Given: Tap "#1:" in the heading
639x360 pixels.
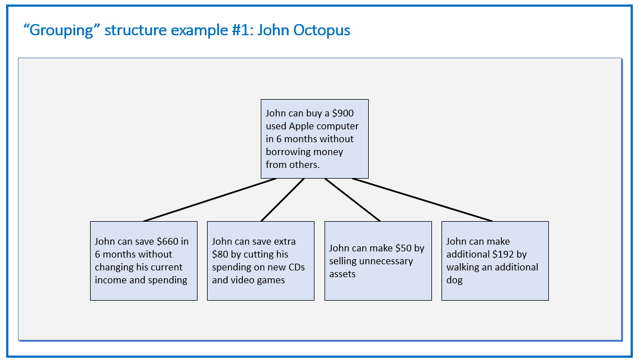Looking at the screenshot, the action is coord(242,30).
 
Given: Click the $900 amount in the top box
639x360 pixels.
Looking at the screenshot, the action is coord(343,113).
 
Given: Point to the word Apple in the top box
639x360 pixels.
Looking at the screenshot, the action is coord(302,127).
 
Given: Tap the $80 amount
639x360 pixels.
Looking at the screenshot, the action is coord(220,254).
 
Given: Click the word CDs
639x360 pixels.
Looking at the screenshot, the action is coord(296,267).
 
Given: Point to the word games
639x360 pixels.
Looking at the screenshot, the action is coord(272,280).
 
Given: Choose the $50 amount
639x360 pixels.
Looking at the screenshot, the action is coord(403,248).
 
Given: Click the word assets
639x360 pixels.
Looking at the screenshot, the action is coord(342,274).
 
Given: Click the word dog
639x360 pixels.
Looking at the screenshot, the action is coord(454,280).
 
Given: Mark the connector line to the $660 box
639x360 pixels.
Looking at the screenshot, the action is coord(210,200).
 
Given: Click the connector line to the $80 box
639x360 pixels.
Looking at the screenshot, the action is coord(283,200).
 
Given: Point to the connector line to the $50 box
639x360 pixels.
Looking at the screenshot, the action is coord(353,200).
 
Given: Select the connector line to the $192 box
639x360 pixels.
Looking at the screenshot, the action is coord(422,200).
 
